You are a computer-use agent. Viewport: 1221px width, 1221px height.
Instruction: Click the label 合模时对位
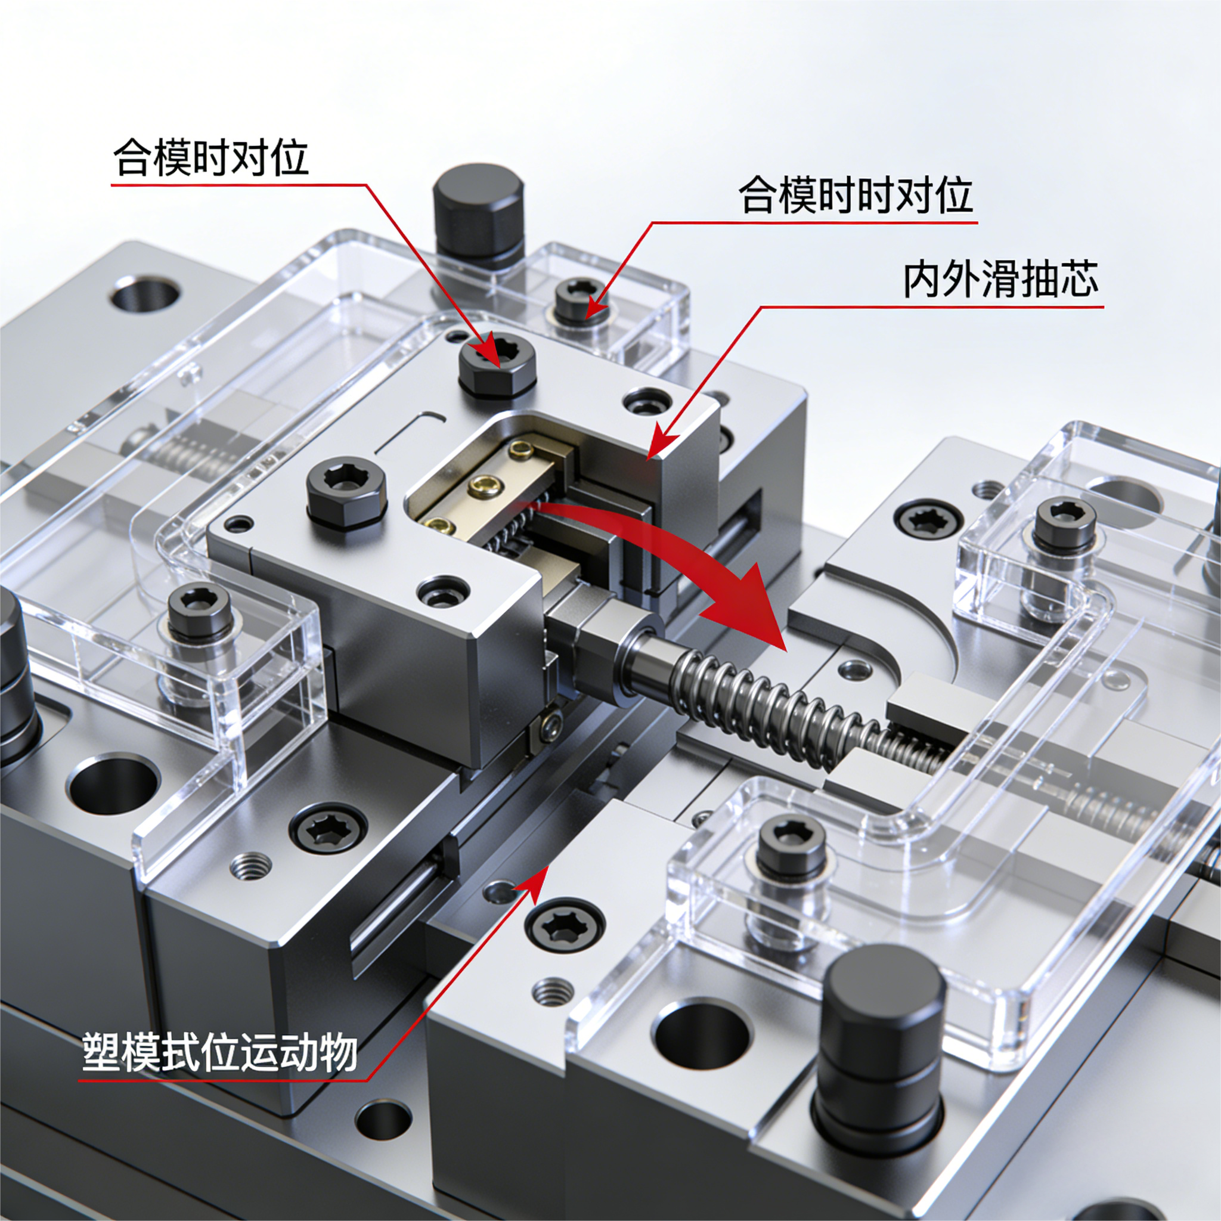[211, 158]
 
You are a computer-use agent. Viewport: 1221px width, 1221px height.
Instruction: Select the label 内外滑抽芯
[1000, 280]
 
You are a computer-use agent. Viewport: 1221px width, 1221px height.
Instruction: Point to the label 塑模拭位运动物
[219, 1053]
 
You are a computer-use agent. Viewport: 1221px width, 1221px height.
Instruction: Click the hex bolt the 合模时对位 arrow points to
[498, 367]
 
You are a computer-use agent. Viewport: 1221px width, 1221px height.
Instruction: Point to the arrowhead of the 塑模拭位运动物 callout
[535, 881]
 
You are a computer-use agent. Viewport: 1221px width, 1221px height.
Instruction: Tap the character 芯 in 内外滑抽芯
[1078, 280]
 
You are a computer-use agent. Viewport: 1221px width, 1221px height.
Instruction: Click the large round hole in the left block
[114, 786]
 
